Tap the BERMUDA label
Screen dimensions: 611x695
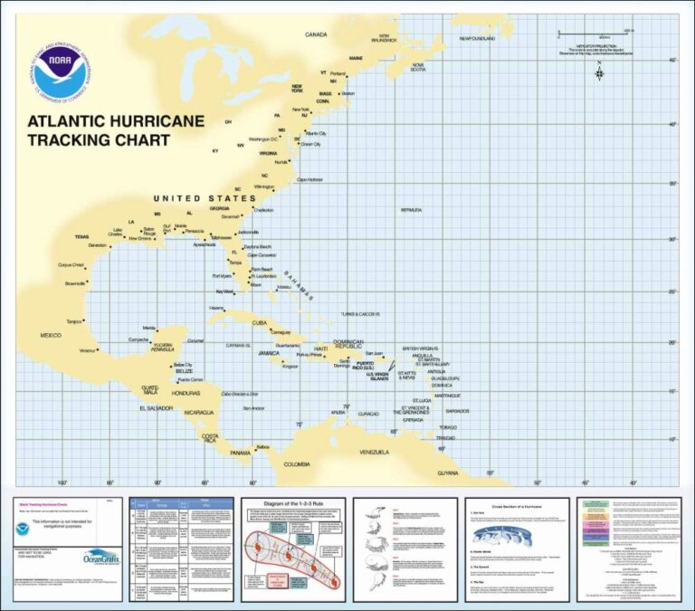click(x=411, y=210)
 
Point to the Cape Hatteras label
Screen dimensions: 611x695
click(x=310, y=179)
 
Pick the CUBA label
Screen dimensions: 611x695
click(x=261, y=322)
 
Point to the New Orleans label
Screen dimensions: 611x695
click(x=140, y=239)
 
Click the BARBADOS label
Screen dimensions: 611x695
click(x=457, y=411)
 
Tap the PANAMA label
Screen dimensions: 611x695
click(x=240, y=453)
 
